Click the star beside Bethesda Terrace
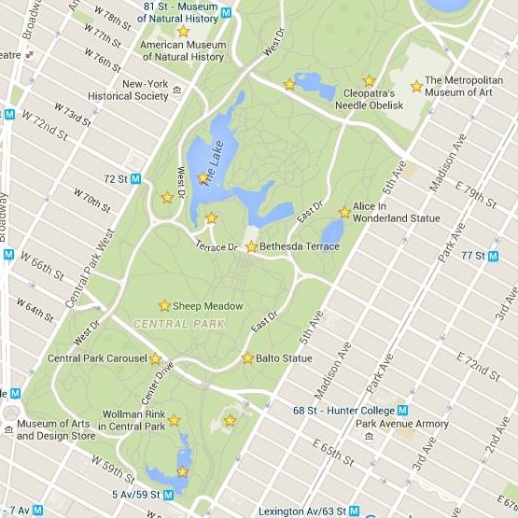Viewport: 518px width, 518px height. click(251, 246)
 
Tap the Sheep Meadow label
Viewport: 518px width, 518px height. click(207, 306)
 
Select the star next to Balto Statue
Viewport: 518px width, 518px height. click(247, 357)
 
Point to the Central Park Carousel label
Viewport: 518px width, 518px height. click(97, 358)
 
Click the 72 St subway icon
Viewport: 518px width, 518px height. click(136, 178)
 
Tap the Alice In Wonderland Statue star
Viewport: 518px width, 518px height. click(344, 212)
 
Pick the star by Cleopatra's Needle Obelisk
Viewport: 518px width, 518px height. click(369, 81)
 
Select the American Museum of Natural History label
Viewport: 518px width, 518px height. click(183, 50)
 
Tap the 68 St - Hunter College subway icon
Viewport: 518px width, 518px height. click(403, 410)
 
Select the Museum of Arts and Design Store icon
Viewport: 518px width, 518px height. click(7, 424)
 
